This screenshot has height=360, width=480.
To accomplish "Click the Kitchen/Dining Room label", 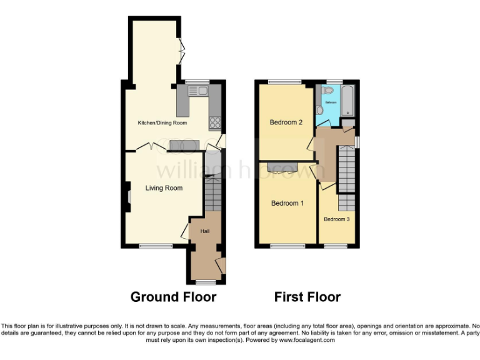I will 162,123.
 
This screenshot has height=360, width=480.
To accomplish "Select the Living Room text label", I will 164,188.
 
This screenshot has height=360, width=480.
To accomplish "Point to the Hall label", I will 204,231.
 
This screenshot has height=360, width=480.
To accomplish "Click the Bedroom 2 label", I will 286,122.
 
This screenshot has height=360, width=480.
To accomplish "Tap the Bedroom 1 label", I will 287,203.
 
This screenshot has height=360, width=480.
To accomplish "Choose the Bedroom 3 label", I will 336,219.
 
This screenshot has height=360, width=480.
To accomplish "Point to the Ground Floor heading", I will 173,297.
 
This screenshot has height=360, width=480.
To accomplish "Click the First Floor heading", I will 307,297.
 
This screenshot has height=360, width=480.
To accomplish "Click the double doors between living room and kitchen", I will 147,147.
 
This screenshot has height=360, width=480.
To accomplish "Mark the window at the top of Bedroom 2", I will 285,82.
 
